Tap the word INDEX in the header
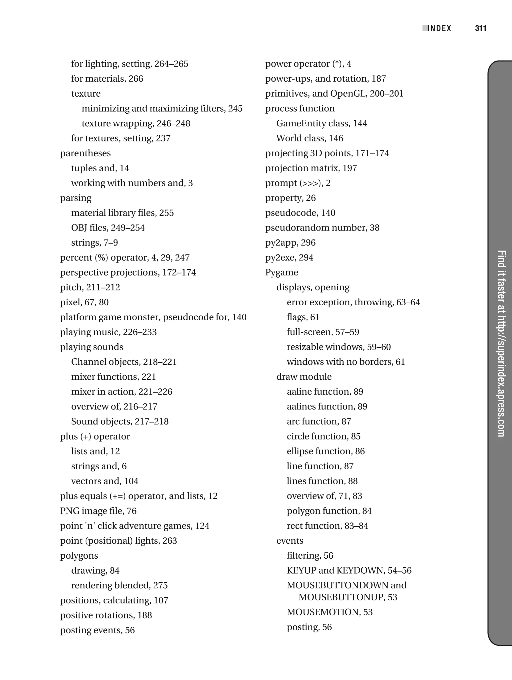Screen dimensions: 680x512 [439, 29]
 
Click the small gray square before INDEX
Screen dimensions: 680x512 [425, 28]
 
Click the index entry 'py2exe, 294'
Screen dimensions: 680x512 [289, 257]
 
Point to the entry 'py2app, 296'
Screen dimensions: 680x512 [290, 243]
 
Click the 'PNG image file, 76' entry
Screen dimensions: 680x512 [98, 511]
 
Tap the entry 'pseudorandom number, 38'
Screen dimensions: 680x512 [322, 228]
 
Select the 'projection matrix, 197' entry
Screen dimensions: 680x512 [311, 168]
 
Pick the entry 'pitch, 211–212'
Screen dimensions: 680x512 [90, 287]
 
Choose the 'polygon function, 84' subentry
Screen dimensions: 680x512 [329, 511]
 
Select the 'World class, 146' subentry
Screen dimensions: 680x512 [309, 138]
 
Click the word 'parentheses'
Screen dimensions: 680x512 [85, 153]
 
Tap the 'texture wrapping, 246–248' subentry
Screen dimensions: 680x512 [136, 123]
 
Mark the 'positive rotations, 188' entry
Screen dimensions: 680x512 [106, 615]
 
